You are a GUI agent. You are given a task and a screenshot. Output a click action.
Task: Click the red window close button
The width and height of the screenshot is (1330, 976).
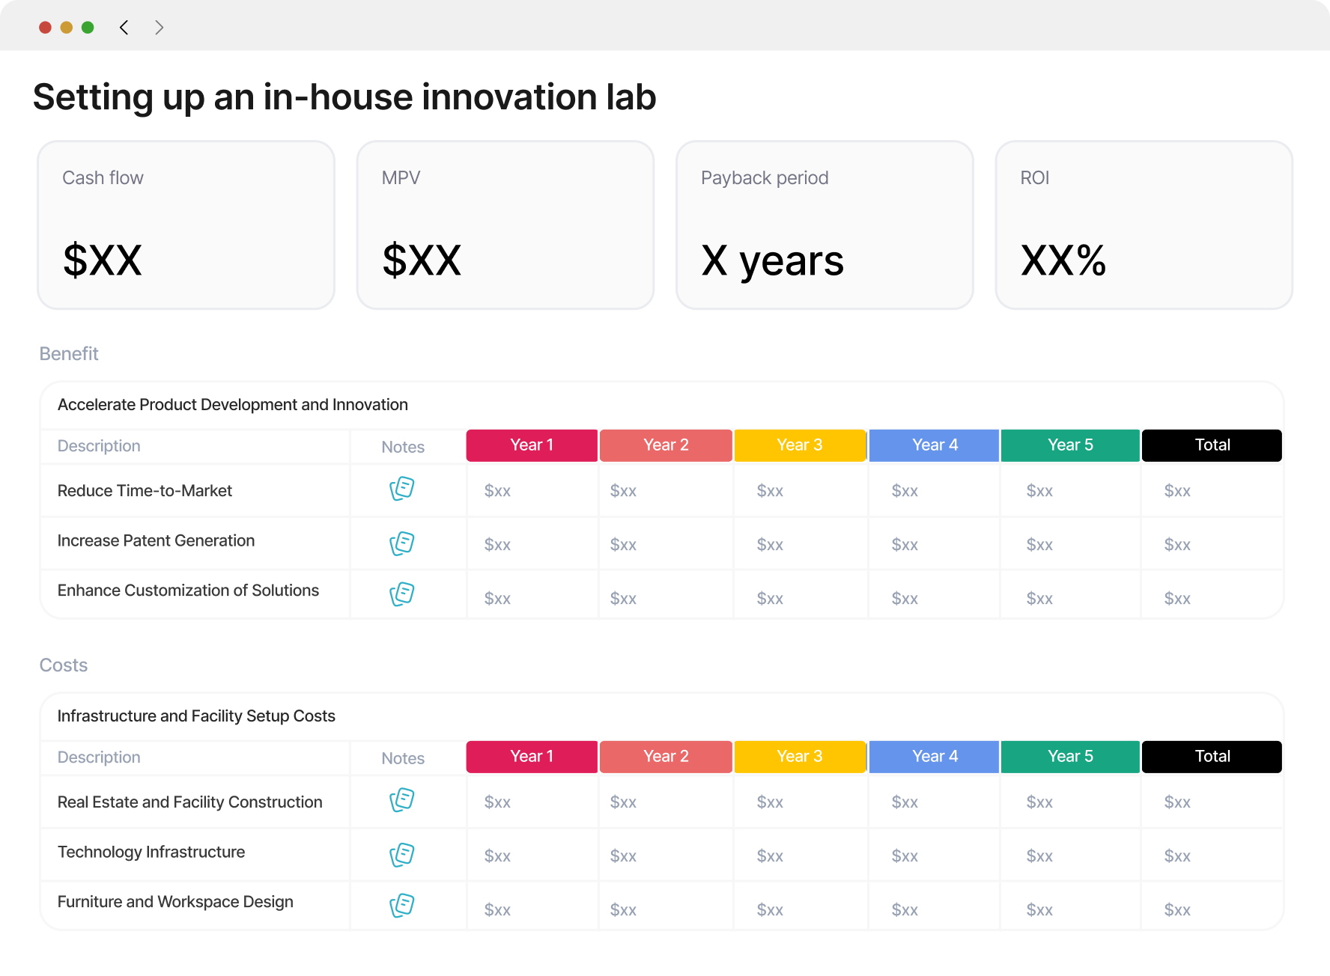pos(45,28)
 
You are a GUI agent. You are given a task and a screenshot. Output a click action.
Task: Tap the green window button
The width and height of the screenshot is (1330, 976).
pos(88,28)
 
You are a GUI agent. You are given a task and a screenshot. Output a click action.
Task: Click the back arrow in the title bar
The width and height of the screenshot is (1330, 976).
pos(124,28)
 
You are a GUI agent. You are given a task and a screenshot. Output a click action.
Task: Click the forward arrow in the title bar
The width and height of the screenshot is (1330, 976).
pos(159,28)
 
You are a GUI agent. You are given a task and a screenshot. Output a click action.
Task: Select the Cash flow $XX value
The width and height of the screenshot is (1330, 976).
pos(103,260)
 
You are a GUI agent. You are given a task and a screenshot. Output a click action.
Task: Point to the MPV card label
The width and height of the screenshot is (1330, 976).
pos(401,178)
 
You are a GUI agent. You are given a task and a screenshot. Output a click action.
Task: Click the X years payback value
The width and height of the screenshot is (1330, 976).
pos(772,261)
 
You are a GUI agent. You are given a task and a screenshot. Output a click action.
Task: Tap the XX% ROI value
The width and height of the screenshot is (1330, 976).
pos(1063,260)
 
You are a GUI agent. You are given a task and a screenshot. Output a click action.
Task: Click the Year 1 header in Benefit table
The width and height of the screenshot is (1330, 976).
pos(532,445)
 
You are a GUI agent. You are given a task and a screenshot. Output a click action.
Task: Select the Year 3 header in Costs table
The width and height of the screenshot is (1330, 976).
pos(800,757)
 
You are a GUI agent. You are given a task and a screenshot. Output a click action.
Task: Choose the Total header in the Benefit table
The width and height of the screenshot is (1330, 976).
pos(1212,445)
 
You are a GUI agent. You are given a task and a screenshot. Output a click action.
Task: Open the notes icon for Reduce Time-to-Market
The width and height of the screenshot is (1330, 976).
pos(402,489)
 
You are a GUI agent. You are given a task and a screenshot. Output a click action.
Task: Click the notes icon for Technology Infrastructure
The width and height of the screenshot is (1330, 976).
pos(402,855)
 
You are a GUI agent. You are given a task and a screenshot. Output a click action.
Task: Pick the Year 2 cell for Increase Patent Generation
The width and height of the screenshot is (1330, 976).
pos(623,545)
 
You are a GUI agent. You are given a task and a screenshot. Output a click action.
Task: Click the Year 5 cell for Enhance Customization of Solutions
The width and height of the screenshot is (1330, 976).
pos(1039,599)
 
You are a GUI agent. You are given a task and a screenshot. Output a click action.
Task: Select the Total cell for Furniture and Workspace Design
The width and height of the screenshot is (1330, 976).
pos(1177,910)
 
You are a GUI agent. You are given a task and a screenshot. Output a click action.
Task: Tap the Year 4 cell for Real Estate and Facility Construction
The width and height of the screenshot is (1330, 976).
pos(905,802)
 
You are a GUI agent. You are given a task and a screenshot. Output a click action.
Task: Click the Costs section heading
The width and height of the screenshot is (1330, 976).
pos(64,665)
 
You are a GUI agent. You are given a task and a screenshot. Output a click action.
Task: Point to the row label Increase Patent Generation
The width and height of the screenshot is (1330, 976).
pos(156,540)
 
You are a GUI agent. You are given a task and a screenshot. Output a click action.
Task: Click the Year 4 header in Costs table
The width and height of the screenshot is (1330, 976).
pos(935,757)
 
